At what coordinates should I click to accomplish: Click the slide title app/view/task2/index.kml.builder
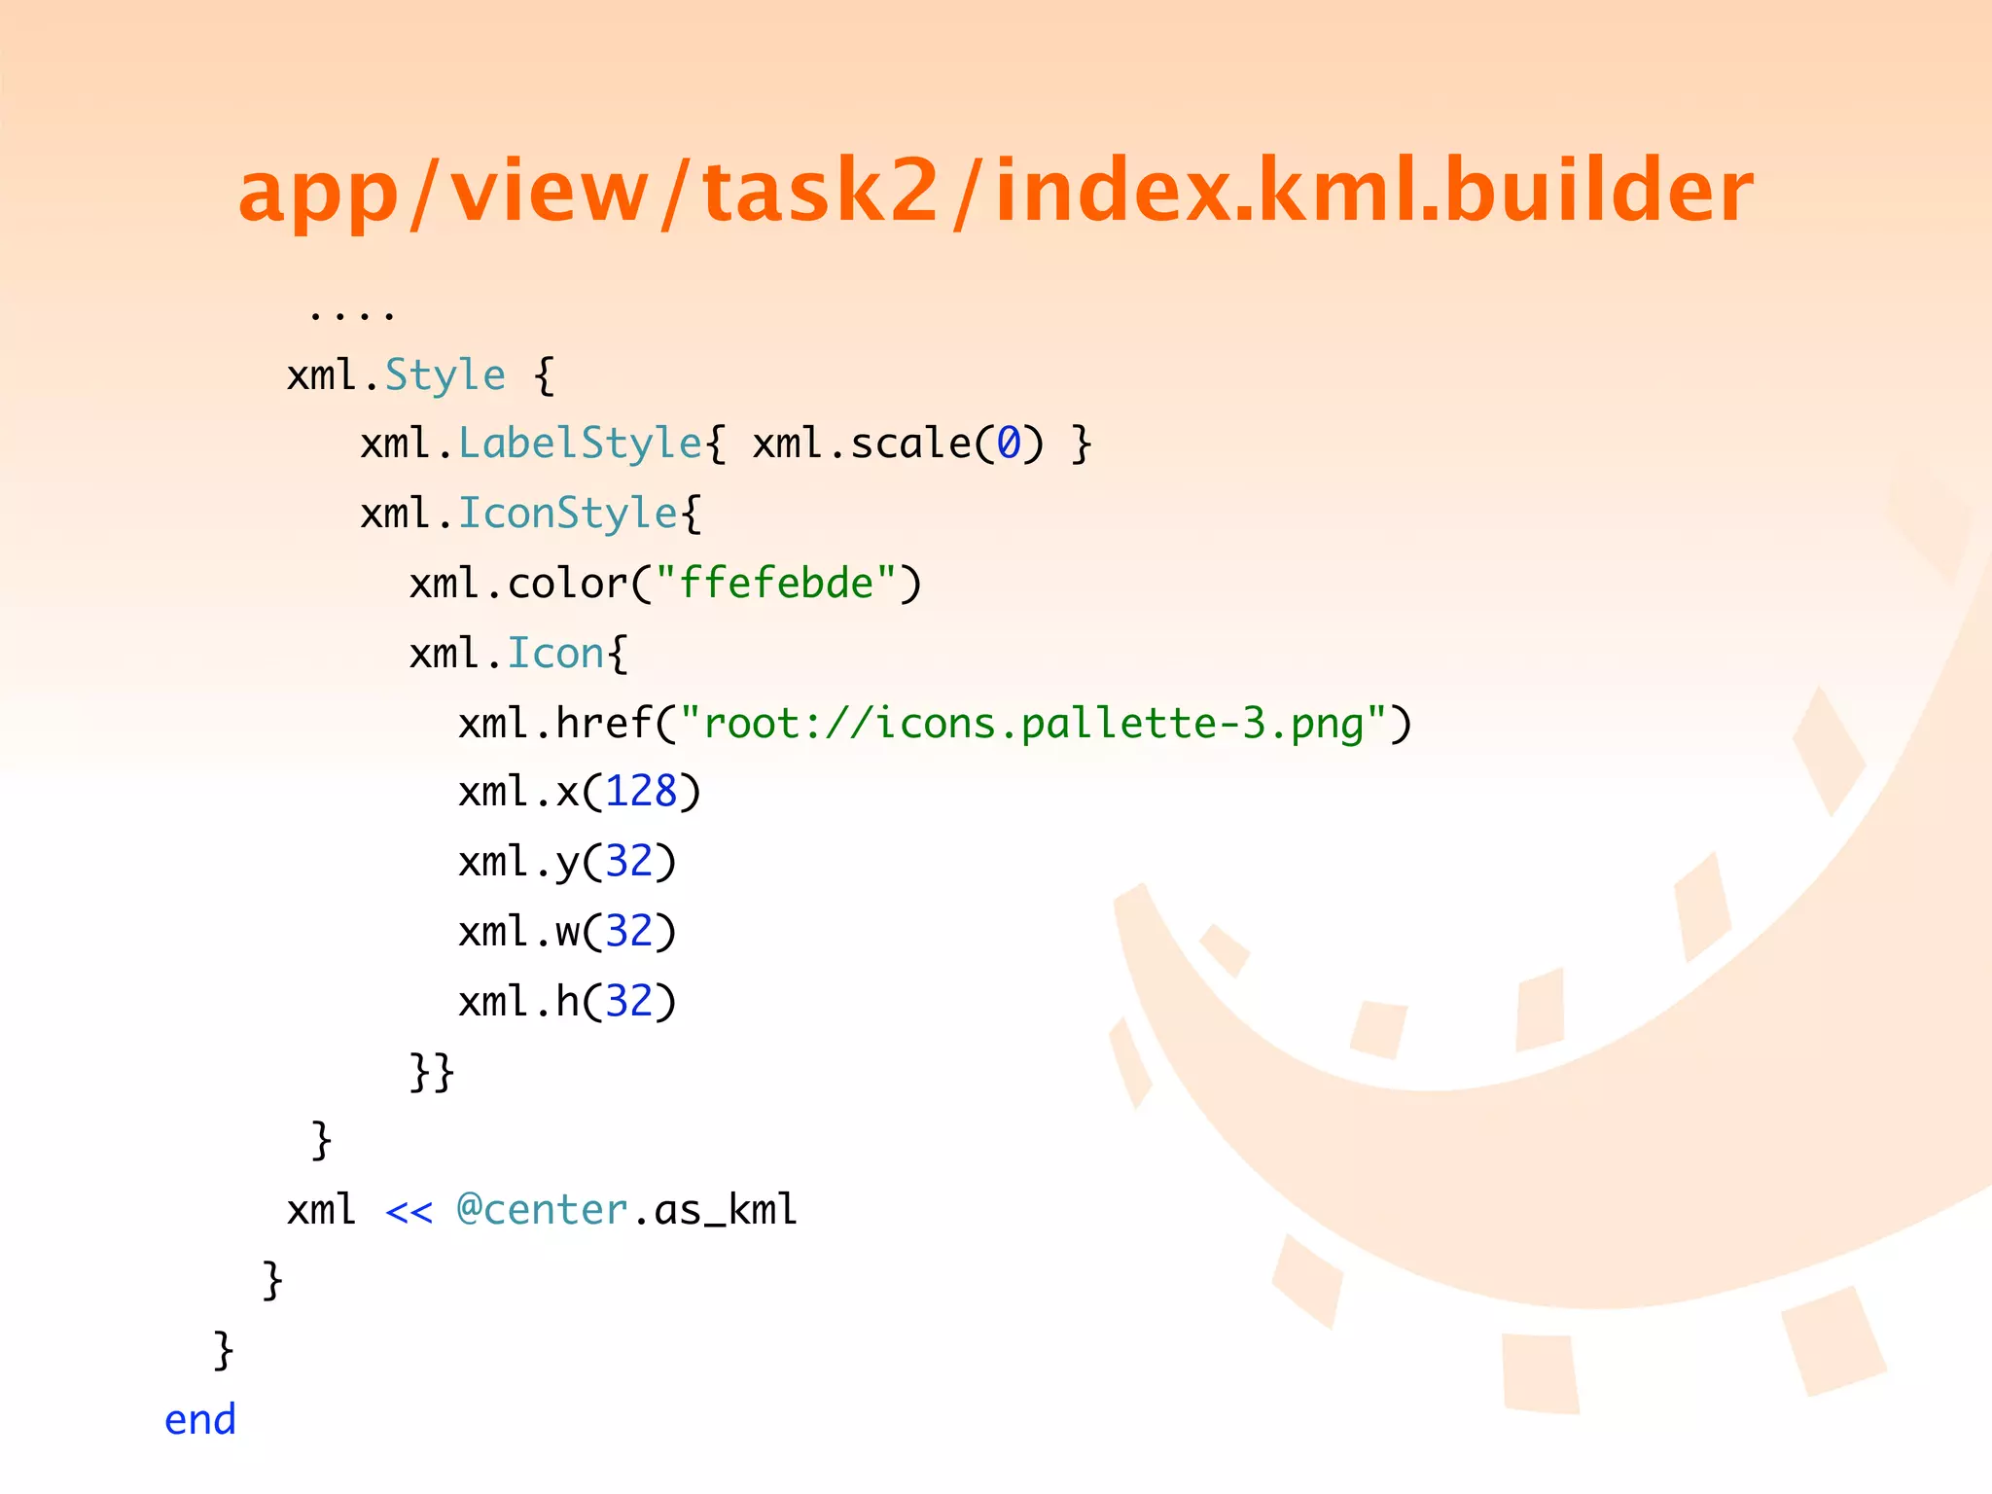click(x=996, y=191)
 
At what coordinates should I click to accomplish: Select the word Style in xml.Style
click(x=445, y=375)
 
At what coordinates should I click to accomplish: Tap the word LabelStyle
click(x=580, y=444)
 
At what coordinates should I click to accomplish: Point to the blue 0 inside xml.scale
click(x=1008, y=444)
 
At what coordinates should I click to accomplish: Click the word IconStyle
click(x=568, y=514)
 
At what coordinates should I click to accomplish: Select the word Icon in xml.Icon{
click(x=556, y=654)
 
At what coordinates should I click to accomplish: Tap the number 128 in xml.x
click(x=641, y=792)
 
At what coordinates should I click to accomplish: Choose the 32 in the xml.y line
click(x=628, y=862)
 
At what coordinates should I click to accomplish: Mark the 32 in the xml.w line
click(x=628, y=932)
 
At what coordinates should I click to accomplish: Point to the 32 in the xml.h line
click(x=628, y=1002)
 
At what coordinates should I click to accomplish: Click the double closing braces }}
click(x=432, y=1072)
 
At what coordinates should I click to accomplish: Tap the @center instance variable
click(x=543, y=1210)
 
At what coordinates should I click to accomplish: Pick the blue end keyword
click(x=200, y=1420)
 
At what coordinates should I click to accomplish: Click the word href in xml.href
click(x=605, y=724)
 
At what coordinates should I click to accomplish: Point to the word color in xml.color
click(x=568, y=584)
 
